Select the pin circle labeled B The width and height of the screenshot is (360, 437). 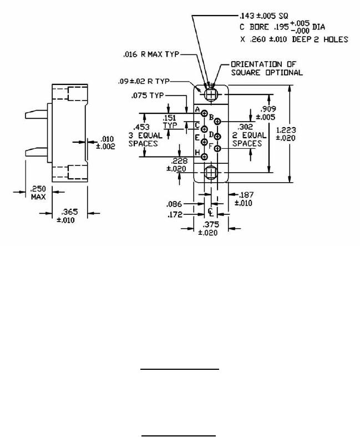218,122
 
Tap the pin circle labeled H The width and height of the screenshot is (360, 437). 204,158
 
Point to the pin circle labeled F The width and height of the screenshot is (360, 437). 218,149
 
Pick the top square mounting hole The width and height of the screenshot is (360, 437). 211,94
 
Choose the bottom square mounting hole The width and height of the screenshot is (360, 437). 211,172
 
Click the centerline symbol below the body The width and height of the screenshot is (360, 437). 211,212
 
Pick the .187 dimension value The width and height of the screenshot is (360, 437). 246,195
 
